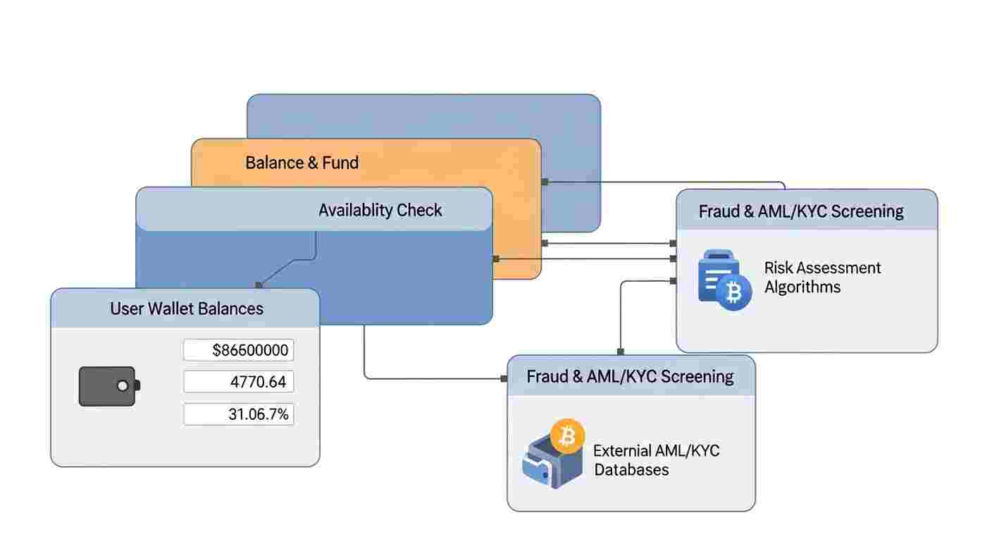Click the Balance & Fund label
tap(302, 163)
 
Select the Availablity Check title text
tap(380, 210)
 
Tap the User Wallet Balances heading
tap(187, 308)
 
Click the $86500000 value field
tap(239, 350)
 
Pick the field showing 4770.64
tap(239, 382)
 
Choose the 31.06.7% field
tap(239, 414)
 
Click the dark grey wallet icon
tap(108, 386)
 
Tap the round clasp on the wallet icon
tap(123, 386)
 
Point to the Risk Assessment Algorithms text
tap(822, 278)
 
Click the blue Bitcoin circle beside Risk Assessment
tap(733, 292)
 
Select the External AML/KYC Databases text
tap(656, 460)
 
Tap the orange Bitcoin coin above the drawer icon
tap(567, 437)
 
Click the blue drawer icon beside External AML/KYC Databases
tap(550, 464)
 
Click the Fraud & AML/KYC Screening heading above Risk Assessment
tap(801, 211)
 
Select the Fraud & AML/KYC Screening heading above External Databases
tap(630, 376)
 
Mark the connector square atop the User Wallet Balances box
tap(259, 285)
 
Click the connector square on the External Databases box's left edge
tap(504, 379)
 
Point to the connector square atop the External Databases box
tap(621, 352)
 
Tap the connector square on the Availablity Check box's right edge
tap(495, 259)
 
